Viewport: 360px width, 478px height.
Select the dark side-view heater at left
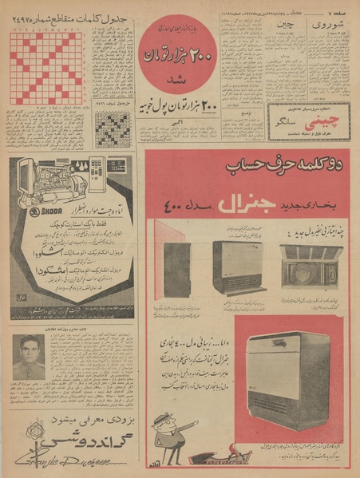point(176,270)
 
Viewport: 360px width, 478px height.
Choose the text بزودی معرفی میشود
point(76,418)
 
